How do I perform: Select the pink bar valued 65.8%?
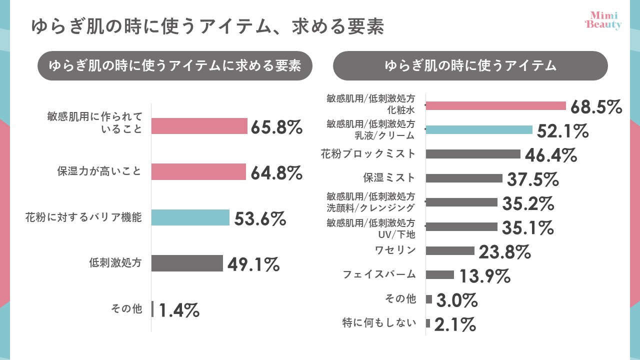[x=199, y=126]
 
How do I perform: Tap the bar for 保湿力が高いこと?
[x=198, y=172]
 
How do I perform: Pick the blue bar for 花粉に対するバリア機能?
[x=190, y=217]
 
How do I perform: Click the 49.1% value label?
[x=253, y=264]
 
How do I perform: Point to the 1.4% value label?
[x=179, y=310]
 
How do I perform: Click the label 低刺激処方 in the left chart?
[x=115, y=263]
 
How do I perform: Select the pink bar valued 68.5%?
[x=495, y=105]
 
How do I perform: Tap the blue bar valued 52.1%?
[x=479, y=130]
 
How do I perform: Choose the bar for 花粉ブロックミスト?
[x=473, y=154]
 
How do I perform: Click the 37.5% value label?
[x=532, y=178]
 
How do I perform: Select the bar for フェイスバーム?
[x=440, y=274]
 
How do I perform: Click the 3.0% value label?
[x=457, y=300]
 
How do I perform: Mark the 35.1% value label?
[x=528, y=228]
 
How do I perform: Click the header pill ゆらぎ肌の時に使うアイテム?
[x=470, y=65]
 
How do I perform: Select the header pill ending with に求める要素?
[x=175, y=65]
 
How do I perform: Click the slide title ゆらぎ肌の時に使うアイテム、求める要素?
[x=207, y=26]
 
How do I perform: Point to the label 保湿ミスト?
[x=389, y=177]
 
